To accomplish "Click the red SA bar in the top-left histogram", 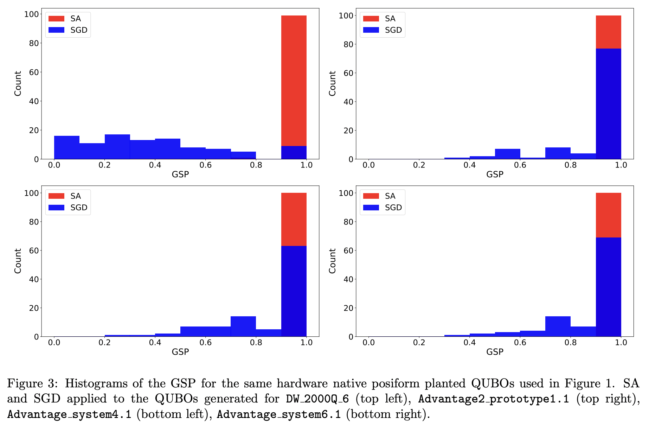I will pyautogui.click(x=294, y=81).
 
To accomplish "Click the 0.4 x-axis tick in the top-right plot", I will pyautogui.click(x=469, y=165).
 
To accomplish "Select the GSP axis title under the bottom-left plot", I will pyautogui.click(x=180, y=352).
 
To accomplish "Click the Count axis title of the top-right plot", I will pyautogui.click(x=332, y=83).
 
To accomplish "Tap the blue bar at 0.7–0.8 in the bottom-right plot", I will pyautogui.click(x=558, y=327).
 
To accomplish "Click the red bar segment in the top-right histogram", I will pyautogui.click(x=608, y=32).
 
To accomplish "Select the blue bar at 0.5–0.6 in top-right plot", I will pyautogui.click(x=507, y=154).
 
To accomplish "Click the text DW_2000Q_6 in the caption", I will pyautogui.click(x=317, y=399).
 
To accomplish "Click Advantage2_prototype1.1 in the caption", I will pyautogui.click(x=493, y=399).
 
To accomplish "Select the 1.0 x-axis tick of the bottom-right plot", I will pyautogui.click(x=621, y=343).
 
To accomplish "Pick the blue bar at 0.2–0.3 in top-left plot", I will pyautogui.click(x=117, y=147).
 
